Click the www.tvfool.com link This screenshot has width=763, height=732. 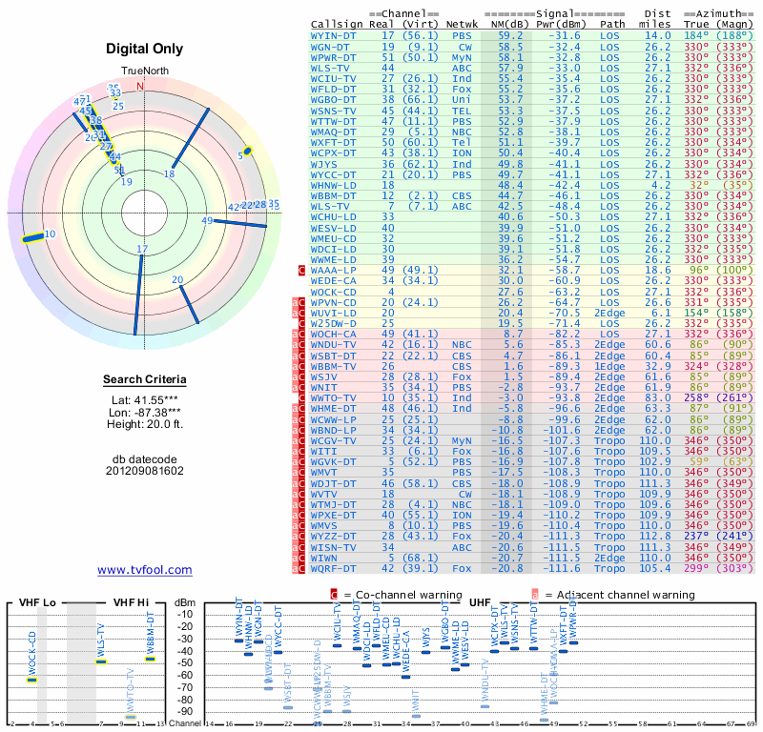pos(145,570)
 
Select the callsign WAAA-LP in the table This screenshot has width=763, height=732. pos(334,271)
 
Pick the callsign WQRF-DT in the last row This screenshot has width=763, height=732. pos(334,568)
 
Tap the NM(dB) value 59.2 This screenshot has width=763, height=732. pos(509,35)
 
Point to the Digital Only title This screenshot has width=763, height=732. pos(145,49)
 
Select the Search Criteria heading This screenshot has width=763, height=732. pos(145,380)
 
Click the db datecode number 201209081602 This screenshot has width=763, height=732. pos(145,471)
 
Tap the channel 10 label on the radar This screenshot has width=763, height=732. pos(50,234)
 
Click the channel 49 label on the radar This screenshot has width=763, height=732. pos(207,221)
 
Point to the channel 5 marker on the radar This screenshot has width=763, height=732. pos(247,151)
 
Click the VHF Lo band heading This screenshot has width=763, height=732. pos(39,602)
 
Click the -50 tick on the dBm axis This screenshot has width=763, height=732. pos(184,662)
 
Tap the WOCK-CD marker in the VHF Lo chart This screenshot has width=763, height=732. pos(31,680)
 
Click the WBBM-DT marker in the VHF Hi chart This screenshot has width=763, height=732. pos(150,659)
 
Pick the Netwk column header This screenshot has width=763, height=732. pos(462,24)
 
